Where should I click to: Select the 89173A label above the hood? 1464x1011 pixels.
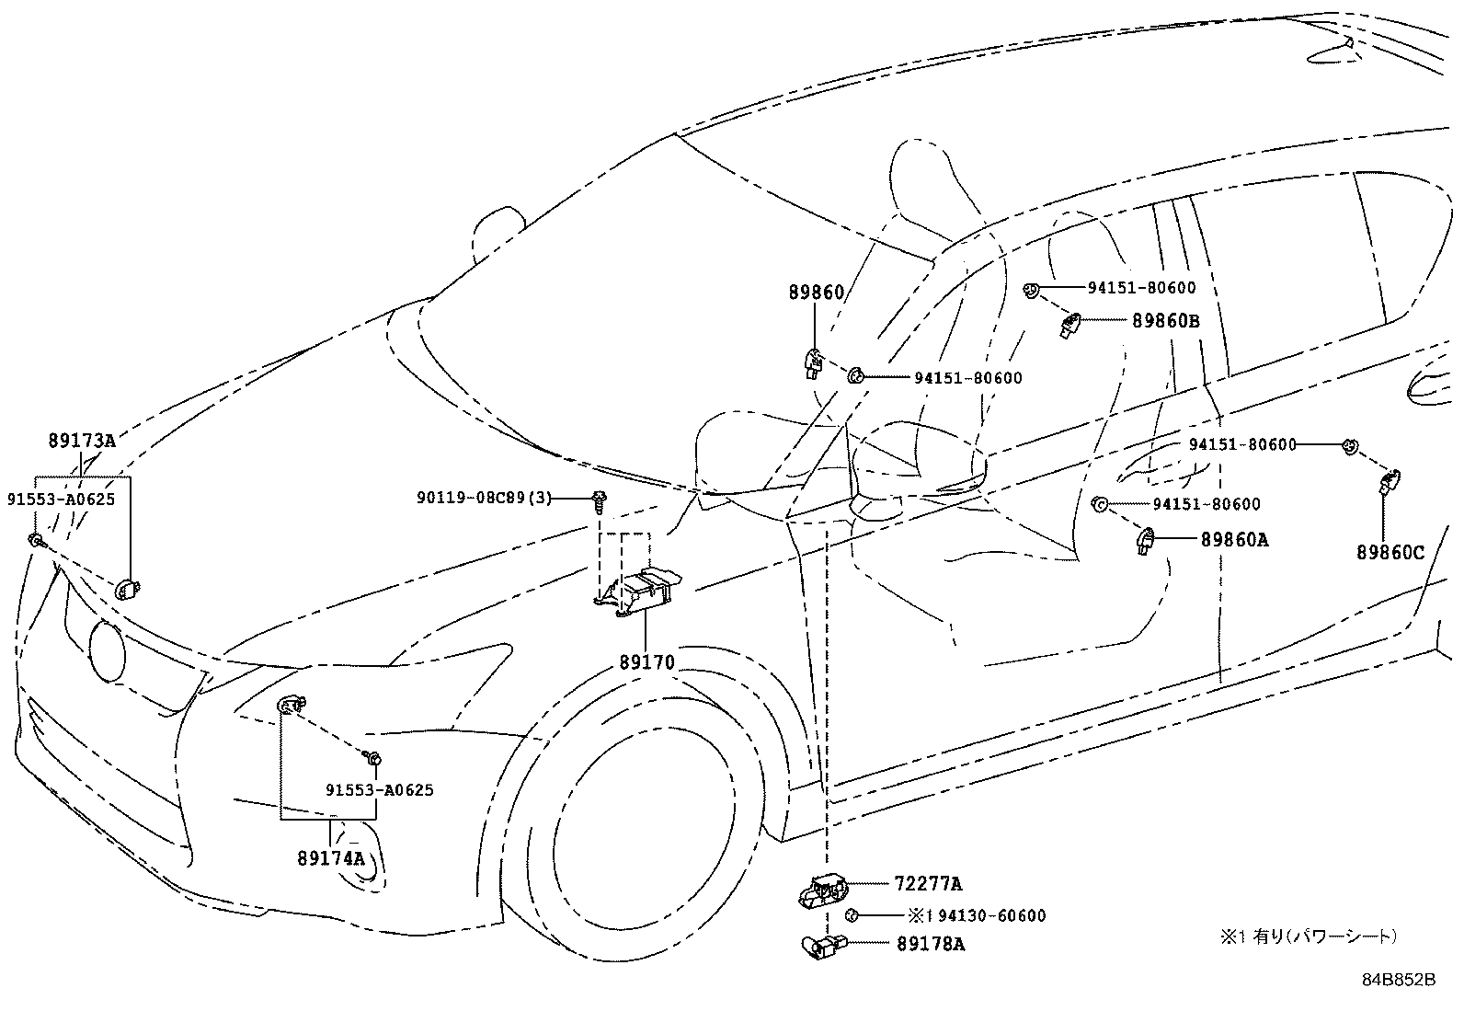(82, 441)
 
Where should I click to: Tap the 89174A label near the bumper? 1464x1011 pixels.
(331, 858)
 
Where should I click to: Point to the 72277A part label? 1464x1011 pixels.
(927, 884)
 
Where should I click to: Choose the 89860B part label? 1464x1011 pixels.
(1165, 320)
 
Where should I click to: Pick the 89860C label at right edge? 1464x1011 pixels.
(1390, 552)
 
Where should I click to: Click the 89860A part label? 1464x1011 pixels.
(1233, 540)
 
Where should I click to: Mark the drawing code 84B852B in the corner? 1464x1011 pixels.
(1398, 980)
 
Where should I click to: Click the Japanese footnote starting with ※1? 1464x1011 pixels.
(1308, 936)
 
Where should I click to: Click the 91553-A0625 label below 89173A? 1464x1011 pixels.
(61, 500)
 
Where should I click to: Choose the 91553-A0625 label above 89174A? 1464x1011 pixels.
(379, 789)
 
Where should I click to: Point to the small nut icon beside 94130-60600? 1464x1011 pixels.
(852, 915)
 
